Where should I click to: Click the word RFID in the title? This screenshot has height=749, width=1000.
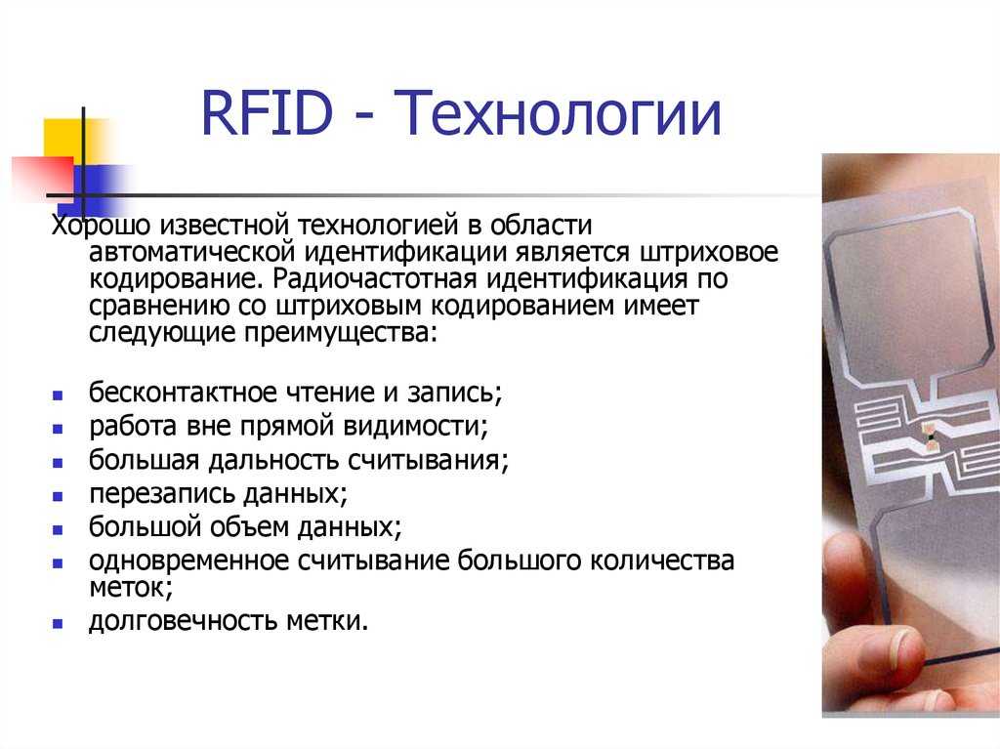coord(268,113)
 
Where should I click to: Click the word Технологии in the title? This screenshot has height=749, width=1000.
coord(558,113)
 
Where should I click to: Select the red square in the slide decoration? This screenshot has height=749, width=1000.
coord(43,178)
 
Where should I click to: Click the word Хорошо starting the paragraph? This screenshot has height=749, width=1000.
coord(101,226)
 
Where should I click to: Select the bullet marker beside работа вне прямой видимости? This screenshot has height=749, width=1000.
coord(58,430)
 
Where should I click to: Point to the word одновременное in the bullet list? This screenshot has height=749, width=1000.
coord(188,561)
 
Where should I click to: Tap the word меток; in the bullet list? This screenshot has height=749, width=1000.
coord(131,588)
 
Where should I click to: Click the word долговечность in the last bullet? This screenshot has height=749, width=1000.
coord(183,621)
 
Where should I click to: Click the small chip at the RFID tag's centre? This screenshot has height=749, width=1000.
coord(931,437)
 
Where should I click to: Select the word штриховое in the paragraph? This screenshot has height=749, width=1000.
coord(708,253)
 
